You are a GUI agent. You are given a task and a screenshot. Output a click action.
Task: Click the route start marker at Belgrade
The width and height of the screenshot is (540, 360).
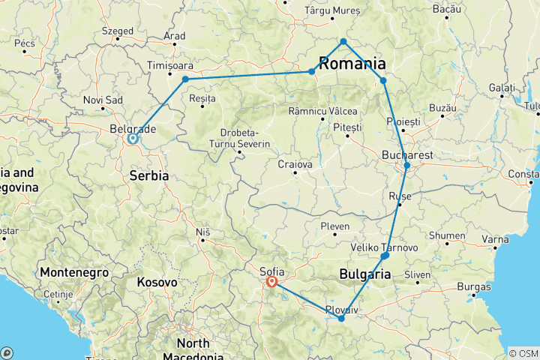(132, 138)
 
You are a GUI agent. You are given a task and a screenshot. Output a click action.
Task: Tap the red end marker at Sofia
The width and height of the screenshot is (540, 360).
(271, 283)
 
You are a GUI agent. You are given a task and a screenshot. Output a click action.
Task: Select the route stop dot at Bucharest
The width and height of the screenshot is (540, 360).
(407, 165)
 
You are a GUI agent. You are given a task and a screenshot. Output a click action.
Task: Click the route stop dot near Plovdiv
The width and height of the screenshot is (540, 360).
(341, 319)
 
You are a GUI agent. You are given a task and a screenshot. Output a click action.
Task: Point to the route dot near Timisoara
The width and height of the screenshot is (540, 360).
(185, 79)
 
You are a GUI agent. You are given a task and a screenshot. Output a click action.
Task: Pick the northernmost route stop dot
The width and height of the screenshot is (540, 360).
(343, 41)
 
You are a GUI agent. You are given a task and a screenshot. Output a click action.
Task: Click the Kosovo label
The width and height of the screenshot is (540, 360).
(157, 283)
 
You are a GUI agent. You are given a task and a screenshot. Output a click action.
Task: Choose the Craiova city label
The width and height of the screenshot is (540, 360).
(294, 163)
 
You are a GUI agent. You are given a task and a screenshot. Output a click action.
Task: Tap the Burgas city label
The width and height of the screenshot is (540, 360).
(472, 286)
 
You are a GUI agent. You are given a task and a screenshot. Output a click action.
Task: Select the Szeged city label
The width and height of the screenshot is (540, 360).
(118, 31)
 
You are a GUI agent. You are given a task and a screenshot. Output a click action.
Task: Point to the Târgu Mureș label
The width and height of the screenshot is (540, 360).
(332, 11)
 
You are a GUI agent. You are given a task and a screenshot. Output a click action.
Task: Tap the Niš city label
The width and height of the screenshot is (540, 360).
(202, 233)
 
